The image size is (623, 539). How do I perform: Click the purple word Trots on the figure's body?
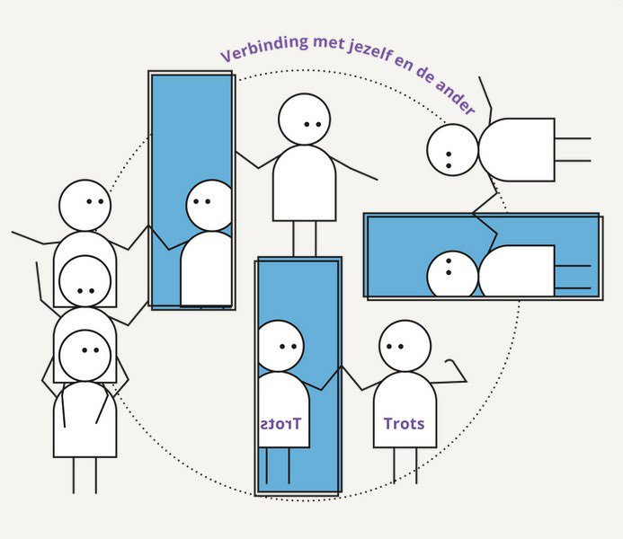[x=404, y=424]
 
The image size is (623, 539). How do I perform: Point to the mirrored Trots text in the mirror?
[x=281, y=424]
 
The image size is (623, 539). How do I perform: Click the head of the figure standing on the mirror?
[x=305, y=119]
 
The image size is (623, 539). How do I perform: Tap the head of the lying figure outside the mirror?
[x=452, y=150]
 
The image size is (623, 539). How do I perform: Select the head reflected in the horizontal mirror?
[x=452, y=275]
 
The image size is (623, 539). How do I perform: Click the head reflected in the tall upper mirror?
[x=209, y=205]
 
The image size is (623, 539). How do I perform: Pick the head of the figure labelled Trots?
[x=405, y=346]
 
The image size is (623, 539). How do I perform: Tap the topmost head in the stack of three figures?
[x=85, y=205]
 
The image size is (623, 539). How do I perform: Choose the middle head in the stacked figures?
[x=85, y=280]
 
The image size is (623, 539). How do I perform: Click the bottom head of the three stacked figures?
[x=85, y=355]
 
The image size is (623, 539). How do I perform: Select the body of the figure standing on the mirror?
[x=304, y=184]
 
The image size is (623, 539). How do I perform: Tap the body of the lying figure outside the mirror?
[x=516, y=150]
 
